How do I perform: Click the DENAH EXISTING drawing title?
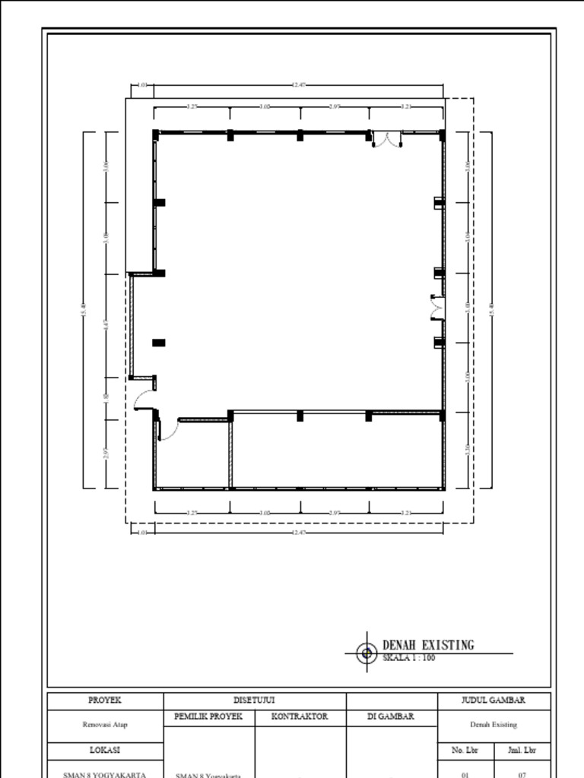tap(427, 645)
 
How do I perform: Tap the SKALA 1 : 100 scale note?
tap(408, 658)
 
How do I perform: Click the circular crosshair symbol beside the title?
tap(367, 653)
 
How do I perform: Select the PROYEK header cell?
tap(105, 701)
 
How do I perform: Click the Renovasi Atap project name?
tap(105, 724)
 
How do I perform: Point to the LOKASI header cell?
tap(105, 751)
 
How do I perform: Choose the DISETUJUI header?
tap(254, 701)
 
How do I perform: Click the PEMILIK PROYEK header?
tap(208, 716)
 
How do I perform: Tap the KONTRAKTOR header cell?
tap(300, 716)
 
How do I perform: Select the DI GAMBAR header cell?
tap(392, 716)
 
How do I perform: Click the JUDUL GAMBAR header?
tap(494, 701)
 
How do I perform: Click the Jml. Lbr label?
tap(522, 751)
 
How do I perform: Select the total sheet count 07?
tap(522, 774)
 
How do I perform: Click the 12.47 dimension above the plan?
tap(298, 85)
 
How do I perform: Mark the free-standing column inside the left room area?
tap(158, 343)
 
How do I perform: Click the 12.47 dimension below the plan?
tap(298, 532)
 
